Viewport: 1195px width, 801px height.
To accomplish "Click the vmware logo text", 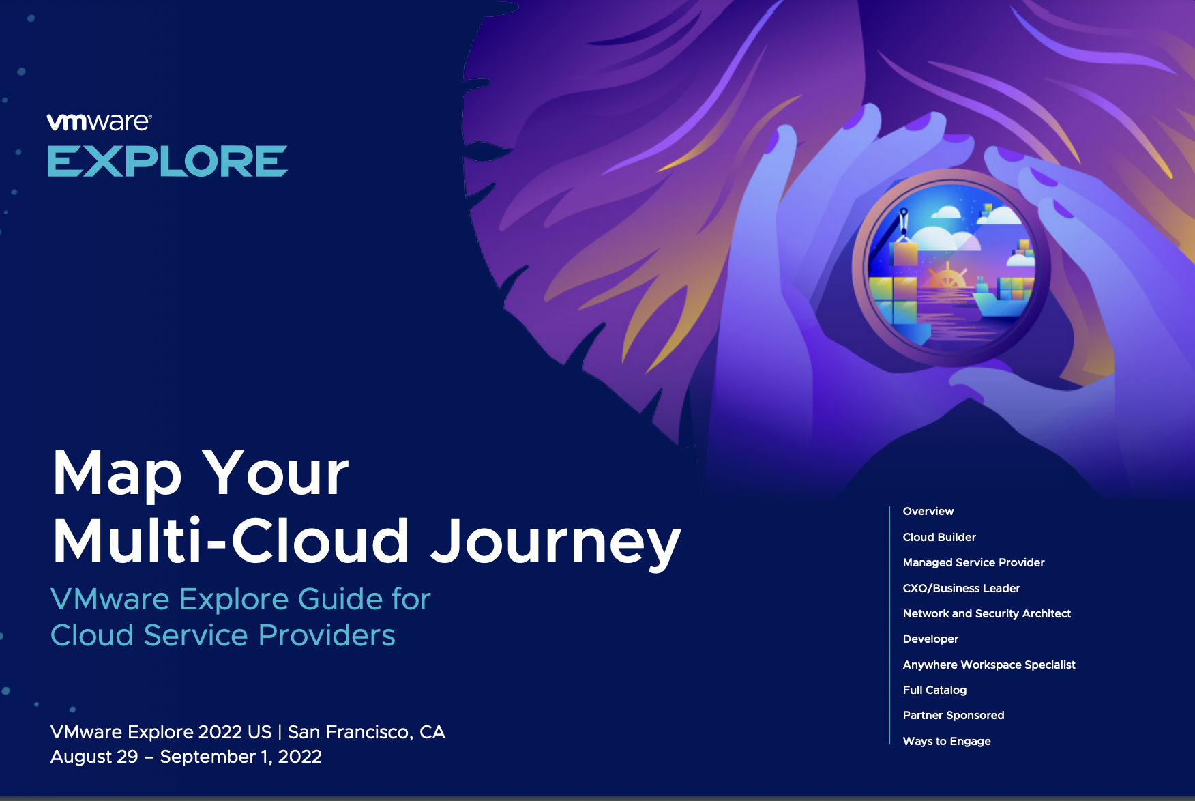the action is [99, 121].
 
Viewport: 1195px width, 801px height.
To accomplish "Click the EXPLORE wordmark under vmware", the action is [167, 161].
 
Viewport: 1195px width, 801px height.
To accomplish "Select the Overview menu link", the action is [928, 511].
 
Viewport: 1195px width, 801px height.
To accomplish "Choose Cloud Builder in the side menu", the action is [939, 537].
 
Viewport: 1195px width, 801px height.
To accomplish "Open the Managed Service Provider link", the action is [973, 562].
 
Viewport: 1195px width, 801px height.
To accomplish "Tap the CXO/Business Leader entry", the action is [961, 588].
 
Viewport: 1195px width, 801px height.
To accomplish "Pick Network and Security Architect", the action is [986, 613].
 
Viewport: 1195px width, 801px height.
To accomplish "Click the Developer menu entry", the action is [930, 639].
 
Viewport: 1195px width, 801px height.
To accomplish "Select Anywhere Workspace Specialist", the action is [989, 665].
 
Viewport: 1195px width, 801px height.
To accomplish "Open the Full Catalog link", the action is [934, 690].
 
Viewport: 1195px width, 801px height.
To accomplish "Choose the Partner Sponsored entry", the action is [954, 715].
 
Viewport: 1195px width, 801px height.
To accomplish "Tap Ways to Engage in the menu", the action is [947, 741].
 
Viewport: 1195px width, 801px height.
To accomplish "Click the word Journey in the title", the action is [556, 543].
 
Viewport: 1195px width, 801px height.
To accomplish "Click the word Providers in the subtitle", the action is [327, 635].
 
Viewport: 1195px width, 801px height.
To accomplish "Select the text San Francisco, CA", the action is [366, 732].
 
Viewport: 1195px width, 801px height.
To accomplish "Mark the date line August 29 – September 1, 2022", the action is [186, 757].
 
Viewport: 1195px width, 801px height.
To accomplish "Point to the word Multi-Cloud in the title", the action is [231, 541].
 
